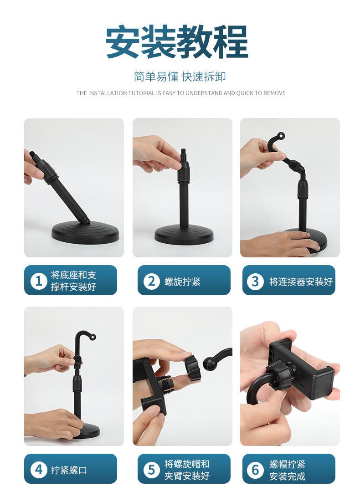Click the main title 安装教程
click(177, 42)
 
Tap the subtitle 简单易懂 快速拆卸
click(180, 77)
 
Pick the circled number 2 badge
click(151, 281)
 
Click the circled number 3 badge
click(255, 281)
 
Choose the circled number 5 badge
click(151, 469)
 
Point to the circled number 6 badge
click(255, 469)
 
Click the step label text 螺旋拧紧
click(182, 281)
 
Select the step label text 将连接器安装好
click(301, 281)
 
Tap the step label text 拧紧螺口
click(69, 470)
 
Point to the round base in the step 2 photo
click(184, 235)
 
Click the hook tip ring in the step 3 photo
click(281, 135)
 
